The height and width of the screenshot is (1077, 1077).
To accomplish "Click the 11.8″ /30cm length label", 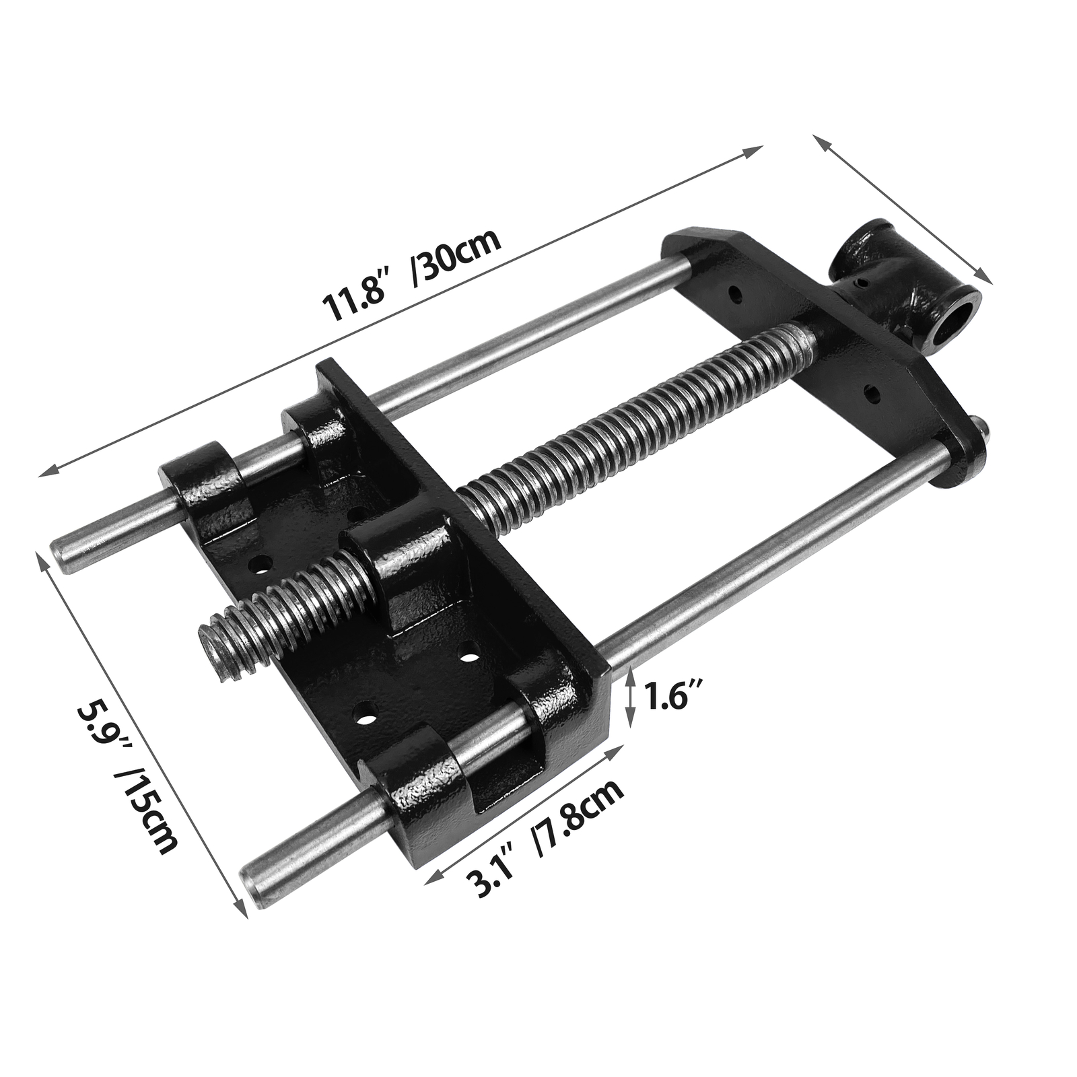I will pos(412,276).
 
